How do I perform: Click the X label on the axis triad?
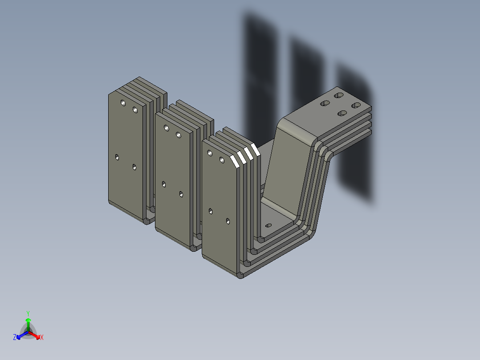point(42,338)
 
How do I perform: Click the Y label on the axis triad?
point(28,313)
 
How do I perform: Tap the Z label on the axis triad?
point(15,338)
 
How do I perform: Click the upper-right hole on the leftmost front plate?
point(135,109)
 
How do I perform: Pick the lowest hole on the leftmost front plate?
point(134,167)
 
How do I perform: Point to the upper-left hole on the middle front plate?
point(167,128)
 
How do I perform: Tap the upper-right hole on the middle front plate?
point(179,135)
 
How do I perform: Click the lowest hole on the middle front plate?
point(181,194)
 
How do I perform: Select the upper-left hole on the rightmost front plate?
point(210,153)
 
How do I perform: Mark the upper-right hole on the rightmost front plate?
point(221,160)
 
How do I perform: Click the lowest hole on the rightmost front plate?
point(228,221)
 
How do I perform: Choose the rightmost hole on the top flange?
point(356,105)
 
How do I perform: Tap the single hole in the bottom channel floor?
point(268,225)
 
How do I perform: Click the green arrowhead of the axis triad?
point(28,320)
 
